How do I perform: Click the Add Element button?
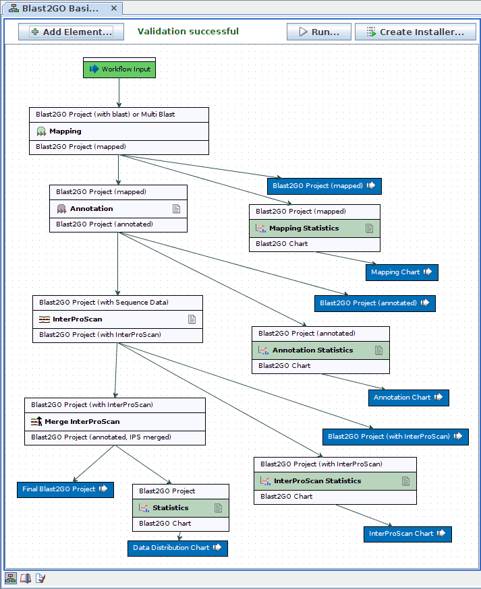[x=71, y=32]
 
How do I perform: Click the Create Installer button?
[x=416, y=32]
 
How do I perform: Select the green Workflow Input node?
[x=119, y=69]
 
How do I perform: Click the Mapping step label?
[x=65, y=131]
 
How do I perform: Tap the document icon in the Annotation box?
[x=177, y=209]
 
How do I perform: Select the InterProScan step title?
[x=78, y=319]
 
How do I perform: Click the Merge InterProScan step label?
[x=82, y=422]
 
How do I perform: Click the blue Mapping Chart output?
[x=402, y=272]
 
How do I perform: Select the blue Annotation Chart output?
[x=408, y=398]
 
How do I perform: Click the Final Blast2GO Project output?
[x=65, y=489]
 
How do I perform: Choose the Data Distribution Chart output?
[x=177, y=548]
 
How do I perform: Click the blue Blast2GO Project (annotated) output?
[x=374, y=303]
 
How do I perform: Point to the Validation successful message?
[x=188, y=32]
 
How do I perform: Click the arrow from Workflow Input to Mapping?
[x=119, y=92]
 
